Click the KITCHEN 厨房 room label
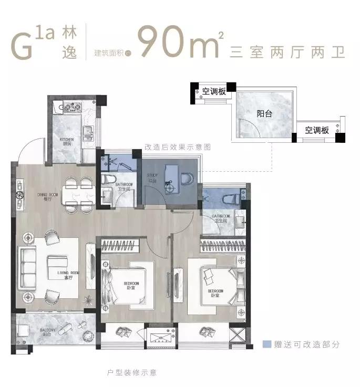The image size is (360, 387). point(66,141)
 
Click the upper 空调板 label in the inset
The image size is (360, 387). point(214,91)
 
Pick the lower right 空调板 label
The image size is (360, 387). point(317,130)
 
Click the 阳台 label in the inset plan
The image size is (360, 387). point(264,113)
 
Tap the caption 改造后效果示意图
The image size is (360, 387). point(177,148)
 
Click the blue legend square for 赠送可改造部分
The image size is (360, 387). point(267,345)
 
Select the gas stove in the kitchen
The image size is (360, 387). point(69,109)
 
